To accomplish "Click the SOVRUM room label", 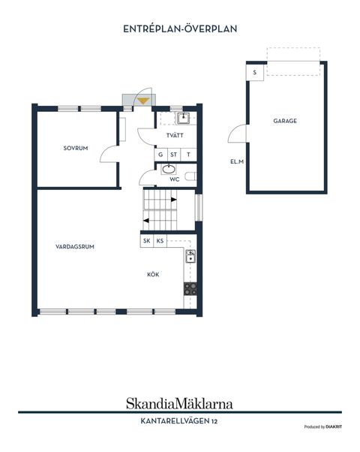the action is pos(76,148).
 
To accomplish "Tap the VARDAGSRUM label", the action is pos(75,247).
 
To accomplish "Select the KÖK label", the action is pos(153,275).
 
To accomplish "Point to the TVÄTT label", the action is pos(175,135).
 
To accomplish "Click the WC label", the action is pos(175,179).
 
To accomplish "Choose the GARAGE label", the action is pos(285,121).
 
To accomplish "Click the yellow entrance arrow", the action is pos(143,101).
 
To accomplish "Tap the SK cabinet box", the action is pos(147,241).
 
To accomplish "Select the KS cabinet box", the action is pos(160,241).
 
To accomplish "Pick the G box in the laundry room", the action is pos(160,155).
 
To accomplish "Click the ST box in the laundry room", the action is pos(174,155).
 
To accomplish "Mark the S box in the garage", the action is pos(255,72).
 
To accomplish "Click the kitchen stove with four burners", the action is pos(190,289).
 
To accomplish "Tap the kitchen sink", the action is pos(190,256).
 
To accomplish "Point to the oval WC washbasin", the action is pos(169,169).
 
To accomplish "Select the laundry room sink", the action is pos(183,118).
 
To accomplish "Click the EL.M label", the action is pos(237,161).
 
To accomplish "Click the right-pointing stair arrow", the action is pos(174,200).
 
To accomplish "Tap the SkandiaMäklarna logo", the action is pos(179,404).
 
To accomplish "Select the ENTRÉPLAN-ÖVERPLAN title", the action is pos(180,29).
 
